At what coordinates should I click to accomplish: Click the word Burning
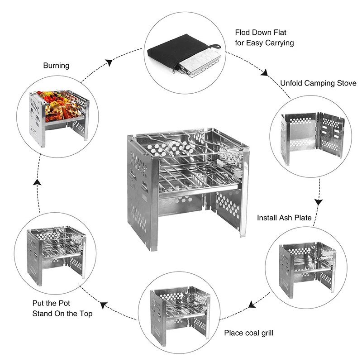tap(56, 66)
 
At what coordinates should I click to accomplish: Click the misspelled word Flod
tap(243, 33)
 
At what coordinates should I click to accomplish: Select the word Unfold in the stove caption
tap(291, 83)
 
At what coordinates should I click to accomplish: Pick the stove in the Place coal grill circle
tap(179, 310)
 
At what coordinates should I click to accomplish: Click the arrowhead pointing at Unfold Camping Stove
tap(265, 72)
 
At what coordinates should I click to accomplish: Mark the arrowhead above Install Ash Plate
tap(319, 200)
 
